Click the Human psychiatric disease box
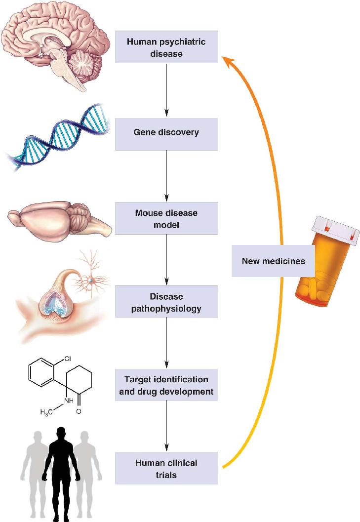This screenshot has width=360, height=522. (166, 47)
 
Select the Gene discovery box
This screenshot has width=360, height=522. (166, 134)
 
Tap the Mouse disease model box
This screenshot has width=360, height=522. (166, 218)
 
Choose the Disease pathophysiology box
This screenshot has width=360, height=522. (166, 302)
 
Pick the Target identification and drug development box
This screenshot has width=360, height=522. (166, 385)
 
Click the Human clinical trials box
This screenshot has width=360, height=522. (166, 468)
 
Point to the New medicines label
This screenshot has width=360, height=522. (274, 261)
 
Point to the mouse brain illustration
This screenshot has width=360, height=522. (60, 220)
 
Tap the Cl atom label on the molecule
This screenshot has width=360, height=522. (68, 359)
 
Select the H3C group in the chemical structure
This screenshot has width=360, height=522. (46, 412)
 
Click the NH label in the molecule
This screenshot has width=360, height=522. (69, 401)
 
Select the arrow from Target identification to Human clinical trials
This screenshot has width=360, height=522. (166, 427)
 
